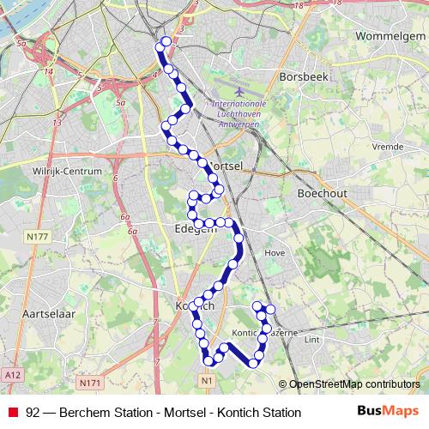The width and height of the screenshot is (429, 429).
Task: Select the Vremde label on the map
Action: click(x=388, y=147)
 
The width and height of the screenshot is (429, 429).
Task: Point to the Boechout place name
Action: click(x=322, y=194)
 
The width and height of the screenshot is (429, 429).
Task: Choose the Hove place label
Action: click(x=275, y=253)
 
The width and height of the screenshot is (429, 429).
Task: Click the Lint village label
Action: click(x=312, y=340)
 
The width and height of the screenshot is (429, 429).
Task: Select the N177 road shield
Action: click(x=37, y=237)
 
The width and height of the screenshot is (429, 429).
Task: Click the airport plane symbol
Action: click(x=237, y=88)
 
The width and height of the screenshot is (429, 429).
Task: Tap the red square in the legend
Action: click(x=12, y=412)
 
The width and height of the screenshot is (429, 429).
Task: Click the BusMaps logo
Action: click(x=387, y=411)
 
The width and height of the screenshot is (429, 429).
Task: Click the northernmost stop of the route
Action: click(x=166, y=41)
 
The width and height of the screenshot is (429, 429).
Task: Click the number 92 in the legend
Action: click(x=33, y=413)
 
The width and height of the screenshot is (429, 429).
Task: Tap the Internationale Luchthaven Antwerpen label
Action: click(x=238, y=112)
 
